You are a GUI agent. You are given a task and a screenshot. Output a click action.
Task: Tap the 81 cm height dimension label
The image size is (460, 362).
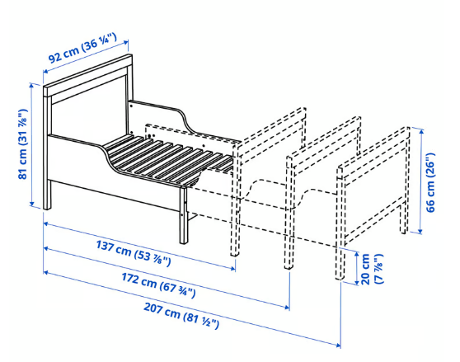[22, 143]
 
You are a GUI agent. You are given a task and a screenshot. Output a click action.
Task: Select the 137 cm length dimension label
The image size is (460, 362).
[134, 252]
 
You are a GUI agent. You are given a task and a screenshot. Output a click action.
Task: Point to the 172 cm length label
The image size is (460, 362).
[158, 284]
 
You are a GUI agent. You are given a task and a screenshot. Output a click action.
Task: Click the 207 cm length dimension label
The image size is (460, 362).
[181, 315]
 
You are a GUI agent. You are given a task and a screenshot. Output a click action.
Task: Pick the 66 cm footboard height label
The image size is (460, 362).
[430, 182]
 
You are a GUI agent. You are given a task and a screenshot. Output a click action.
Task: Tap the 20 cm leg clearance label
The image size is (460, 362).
[372, 269]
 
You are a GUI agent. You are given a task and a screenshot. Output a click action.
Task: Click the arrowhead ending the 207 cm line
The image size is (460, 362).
[339, 346]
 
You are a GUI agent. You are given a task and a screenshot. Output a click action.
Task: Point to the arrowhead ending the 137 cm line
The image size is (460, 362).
[233, 268]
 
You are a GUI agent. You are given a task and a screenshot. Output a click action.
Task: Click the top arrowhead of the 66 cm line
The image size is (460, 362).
[421, 131]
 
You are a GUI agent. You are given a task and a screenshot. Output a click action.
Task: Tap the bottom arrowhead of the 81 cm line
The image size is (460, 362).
[32, 204]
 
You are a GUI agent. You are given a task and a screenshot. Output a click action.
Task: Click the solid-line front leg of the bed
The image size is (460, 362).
[184, 214]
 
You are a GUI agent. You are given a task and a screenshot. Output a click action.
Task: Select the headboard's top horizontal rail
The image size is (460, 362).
[87, 75]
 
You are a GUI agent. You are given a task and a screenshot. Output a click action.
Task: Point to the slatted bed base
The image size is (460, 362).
[167, 158]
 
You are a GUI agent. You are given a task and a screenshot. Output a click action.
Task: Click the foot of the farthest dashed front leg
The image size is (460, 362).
[340, 276]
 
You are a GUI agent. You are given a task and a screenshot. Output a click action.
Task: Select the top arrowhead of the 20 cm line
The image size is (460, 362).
[356, 254]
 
